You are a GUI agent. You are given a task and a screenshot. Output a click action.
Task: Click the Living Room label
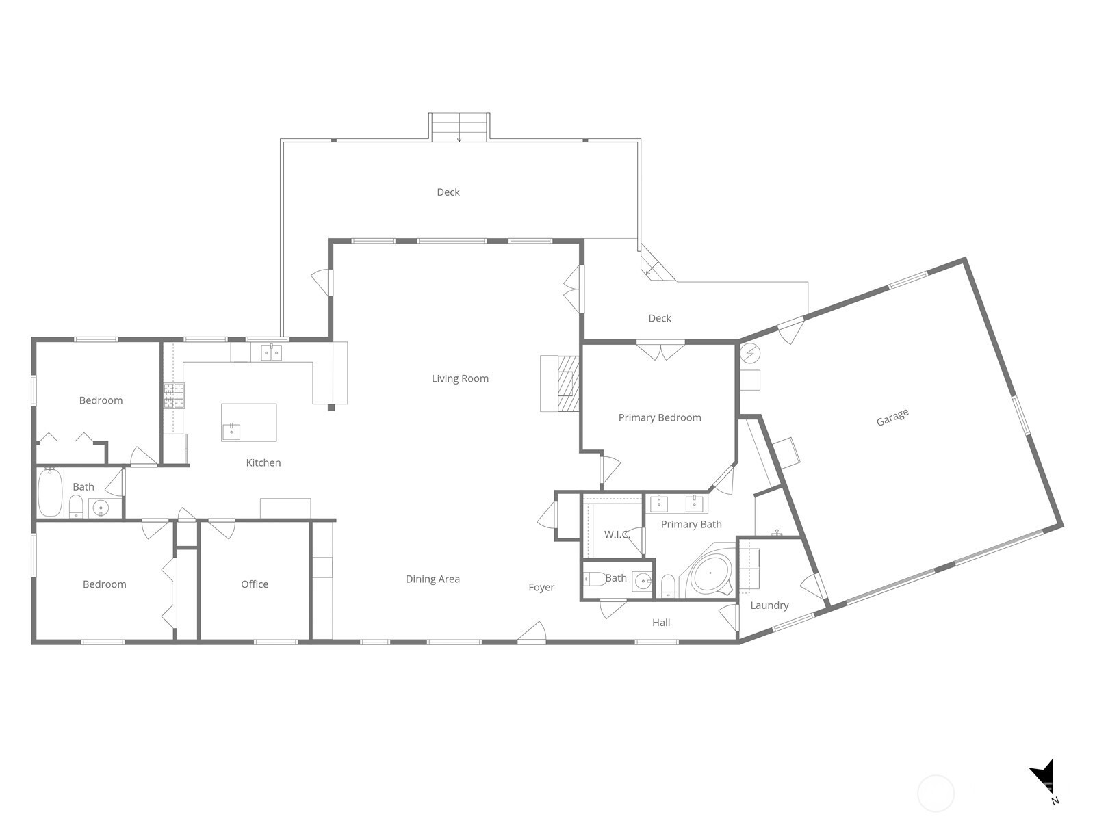click(460, 378)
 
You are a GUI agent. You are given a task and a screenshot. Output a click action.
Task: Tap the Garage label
click(892, 417)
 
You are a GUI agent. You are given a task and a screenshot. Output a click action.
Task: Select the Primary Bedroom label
click(660, 418)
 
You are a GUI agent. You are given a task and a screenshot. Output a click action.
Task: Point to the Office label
click(255, 584)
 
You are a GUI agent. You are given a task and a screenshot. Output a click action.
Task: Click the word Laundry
click(769, 605)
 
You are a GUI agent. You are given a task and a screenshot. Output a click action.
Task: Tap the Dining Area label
click(433, 579)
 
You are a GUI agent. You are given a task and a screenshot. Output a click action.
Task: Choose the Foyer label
click(541, 588)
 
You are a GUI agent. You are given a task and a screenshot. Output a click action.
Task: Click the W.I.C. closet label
click(617, 534)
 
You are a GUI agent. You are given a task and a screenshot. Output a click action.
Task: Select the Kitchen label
click(263, 462)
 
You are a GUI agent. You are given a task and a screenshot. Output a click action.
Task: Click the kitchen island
click(249, 422)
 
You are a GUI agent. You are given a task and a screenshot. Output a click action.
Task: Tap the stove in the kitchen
click(174, 396)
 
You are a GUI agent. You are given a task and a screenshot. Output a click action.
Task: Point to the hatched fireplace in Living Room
click(568, 383)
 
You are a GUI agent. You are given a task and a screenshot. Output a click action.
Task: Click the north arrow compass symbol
click(1044, 779)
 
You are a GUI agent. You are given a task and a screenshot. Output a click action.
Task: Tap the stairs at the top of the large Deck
click(459, 127)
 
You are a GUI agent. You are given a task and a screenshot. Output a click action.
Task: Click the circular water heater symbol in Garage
click(750, 354)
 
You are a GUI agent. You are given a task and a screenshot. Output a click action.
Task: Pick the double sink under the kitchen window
click(272, 352)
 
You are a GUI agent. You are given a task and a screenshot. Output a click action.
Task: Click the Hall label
click(661, 623)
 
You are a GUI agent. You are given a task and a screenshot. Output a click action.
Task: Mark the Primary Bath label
click(691, 524)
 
